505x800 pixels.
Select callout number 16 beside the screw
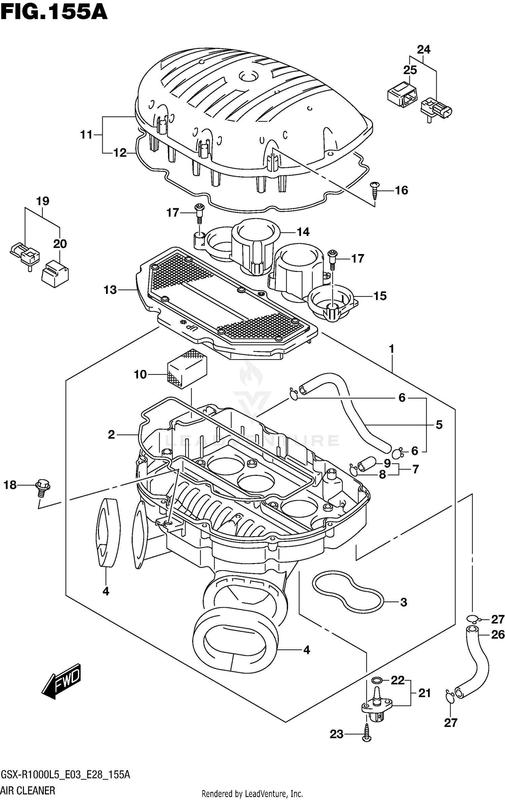point(401,190)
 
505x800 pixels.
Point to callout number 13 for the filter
point(110,290)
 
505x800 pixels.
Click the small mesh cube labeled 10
point(187,369)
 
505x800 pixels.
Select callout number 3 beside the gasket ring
point(404,602)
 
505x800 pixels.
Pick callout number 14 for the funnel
point(303,232)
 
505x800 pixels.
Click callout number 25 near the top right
point(410,70)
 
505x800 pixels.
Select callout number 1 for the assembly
point(392,349)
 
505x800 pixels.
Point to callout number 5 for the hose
point(439,425)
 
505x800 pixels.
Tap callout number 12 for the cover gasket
point(120,153)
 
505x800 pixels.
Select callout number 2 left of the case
point(111,435)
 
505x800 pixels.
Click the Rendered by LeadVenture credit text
point(252,794)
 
